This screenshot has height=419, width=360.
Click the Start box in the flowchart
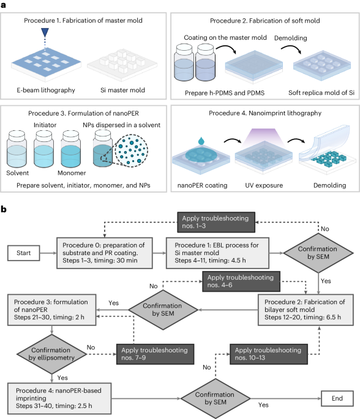[x=24, y=253]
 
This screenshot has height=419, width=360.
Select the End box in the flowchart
[x=337, y=398]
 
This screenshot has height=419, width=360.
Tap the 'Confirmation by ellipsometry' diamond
[x=51, y=354]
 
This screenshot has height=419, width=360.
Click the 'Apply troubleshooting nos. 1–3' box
[x=216, y=222]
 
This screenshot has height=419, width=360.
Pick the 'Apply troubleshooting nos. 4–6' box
[x=241, y=281]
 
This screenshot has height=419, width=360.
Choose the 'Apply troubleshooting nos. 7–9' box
[x=155, y=354]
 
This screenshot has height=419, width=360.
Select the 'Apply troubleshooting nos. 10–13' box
[x=269, y=354]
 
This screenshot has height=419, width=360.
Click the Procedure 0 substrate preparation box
[x=105, y=253]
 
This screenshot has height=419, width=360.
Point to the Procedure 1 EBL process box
[x=217, y=253]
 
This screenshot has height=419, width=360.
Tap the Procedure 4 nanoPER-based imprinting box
[x=59, y=398]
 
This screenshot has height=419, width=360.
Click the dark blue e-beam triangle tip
[x=45, y=37]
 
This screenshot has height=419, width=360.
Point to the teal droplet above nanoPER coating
[x=201, y=141]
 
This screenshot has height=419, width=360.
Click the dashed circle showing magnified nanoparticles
[x=131, y=150]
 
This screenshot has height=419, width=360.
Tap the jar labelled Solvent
[x=17, y=149]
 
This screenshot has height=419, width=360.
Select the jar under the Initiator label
[x=44, y=149]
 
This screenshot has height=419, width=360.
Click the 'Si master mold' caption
[x=123, y=91]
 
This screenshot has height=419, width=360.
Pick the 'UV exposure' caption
[x=264, y=185]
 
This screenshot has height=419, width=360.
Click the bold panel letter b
[x=4, y=209]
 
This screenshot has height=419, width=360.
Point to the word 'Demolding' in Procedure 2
[x=291, y=38]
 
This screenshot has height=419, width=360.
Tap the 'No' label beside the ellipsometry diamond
[x=91, y=347]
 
